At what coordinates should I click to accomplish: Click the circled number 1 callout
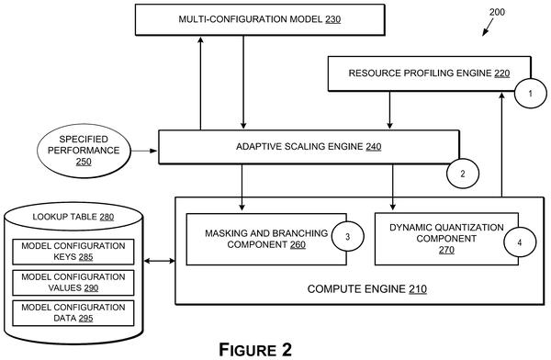click(530, 93)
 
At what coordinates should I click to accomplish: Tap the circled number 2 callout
click(463, 174)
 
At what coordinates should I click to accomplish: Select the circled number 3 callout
click(347, 236)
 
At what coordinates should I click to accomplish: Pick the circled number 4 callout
click(520, 242)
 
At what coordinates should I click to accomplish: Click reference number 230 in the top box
click(332, 19)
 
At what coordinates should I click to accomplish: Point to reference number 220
click(502, 73)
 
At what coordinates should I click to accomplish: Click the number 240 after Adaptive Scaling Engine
click(374, 147)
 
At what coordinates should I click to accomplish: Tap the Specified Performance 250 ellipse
click(84, 151)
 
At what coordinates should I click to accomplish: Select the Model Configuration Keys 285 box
click(73, 252)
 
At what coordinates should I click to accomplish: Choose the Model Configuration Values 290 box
click(73, 283)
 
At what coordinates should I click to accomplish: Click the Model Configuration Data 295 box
click(73, 313)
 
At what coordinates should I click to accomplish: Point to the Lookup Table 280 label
click(73, 217)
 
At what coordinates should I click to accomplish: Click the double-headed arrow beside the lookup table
click(160, 261)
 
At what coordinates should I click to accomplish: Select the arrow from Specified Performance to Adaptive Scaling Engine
click(144, 151)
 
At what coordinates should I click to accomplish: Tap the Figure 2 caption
click(255, 350)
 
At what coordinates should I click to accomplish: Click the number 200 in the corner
click(497, 12)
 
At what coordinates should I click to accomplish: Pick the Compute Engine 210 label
click(366, 289)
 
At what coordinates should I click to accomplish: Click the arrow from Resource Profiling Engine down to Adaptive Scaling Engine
click(389, 110)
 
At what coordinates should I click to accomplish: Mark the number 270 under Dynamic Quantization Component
click(446, 250)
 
